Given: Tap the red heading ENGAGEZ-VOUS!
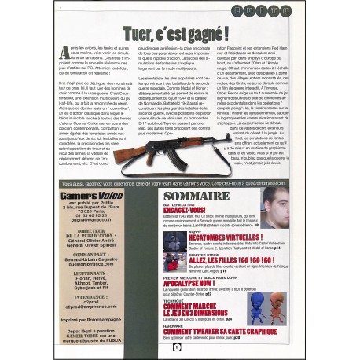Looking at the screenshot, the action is (186, 210).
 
